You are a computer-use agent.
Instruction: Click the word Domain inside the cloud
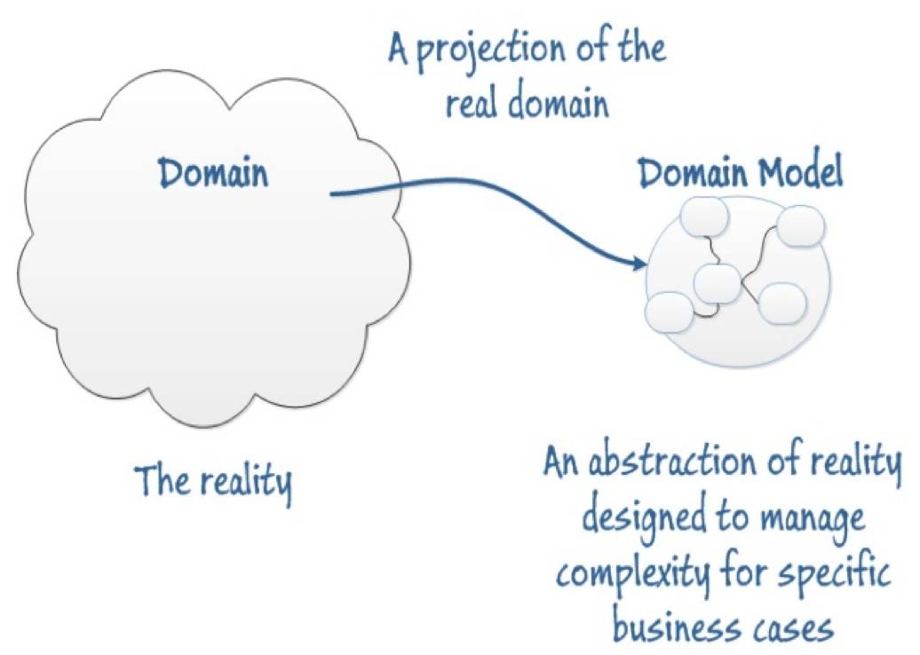[213, 172]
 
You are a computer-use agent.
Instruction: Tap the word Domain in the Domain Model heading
[690, 174]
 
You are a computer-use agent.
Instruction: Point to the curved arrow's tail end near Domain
[332, 192]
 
